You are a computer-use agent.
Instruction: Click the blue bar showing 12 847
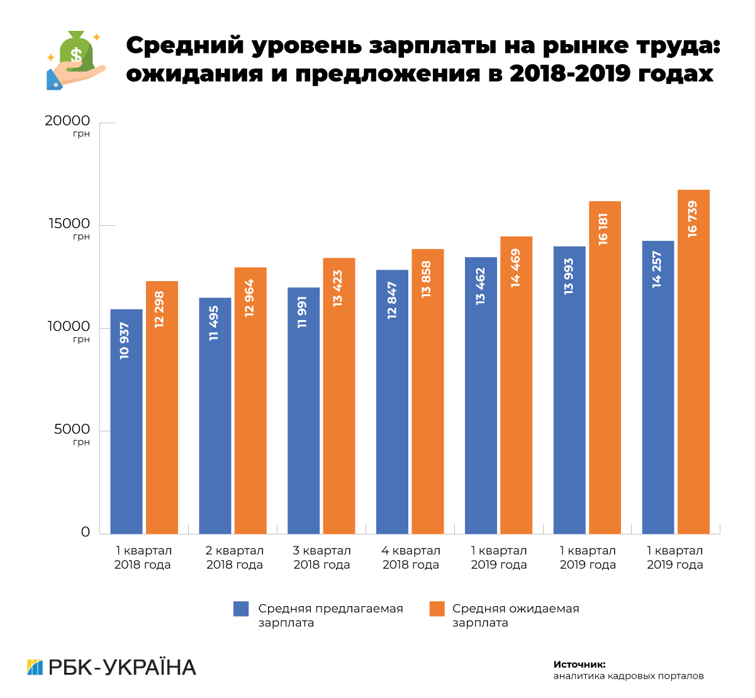(x=392, y=402)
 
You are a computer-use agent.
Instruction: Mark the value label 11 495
(x=215, y=323)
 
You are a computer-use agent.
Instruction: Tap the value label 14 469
(x=516, y=268)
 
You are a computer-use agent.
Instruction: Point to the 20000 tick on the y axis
(x=67, y=121)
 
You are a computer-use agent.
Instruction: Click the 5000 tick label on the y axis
(x=72, y=429)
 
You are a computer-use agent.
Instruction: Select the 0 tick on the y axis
(x=86, y=532)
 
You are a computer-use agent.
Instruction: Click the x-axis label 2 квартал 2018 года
(x=235, y=558)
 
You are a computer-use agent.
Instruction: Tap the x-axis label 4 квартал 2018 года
(x=411, y=558)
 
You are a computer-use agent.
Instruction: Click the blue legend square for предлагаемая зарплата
(x=241, y=609)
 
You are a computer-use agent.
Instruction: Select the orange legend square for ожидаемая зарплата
(x=437, y=609)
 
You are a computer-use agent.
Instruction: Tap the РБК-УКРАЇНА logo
(x=112, y=667)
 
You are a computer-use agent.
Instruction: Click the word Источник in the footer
(x=579, y=664)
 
